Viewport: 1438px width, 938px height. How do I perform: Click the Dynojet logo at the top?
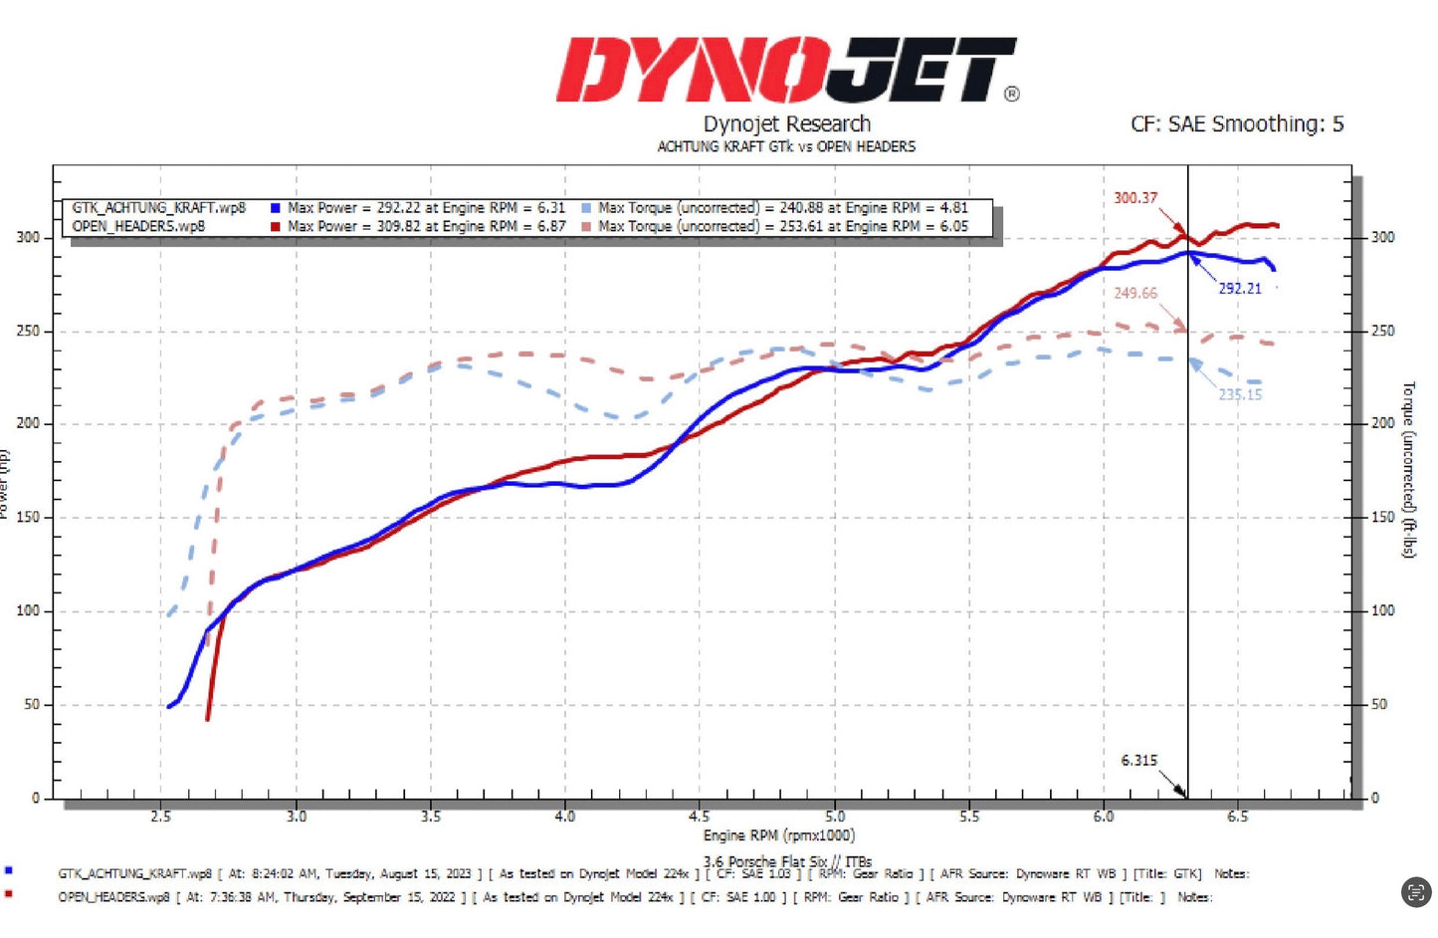click(x=786, y=70)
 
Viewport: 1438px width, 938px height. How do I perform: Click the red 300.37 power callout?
click(x=1134, y=198)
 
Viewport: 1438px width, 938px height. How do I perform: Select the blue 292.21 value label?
click(x=1239, y=289)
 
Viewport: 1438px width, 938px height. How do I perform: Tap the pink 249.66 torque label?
click(x=1134, y=294)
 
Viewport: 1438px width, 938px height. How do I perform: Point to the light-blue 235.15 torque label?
click(x=1239, y=394)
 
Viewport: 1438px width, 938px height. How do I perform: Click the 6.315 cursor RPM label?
click(x=1138, y=761)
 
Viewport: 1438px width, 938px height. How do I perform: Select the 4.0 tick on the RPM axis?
click(x=564, y=817)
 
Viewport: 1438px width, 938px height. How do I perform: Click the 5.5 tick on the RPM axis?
click(x=968, y=817)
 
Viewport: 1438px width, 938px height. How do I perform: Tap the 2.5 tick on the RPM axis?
click(x=160, y=817)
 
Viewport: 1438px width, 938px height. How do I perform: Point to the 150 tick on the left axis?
click(x=28, y=517)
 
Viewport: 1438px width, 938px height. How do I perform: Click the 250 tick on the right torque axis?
click(x=1382, y=331)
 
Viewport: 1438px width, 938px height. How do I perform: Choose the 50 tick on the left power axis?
click(x=32, y=704)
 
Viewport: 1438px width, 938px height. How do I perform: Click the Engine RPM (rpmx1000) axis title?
click(x=778, y=835)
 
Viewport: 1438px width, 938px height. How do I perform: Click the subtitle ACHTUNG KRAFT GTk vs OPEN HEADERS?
click(x=786, y=146)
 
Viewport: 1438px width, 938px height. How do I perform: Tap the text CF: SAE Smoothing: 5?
click(x=1236, y=124)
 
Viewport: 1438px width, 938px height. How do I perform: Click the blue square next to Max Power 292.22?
click(x=276, y=208)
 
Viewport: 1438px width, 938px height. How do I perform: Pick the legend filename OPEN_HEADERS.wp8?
click(x=138, y=226)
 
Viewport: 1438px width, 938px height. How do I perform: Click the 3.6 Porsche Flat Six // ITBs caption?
click(x=787, y=861)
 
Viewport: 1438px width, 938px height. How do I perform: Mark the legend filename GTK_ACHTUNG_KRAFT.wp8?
click(x=158, y=208)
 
